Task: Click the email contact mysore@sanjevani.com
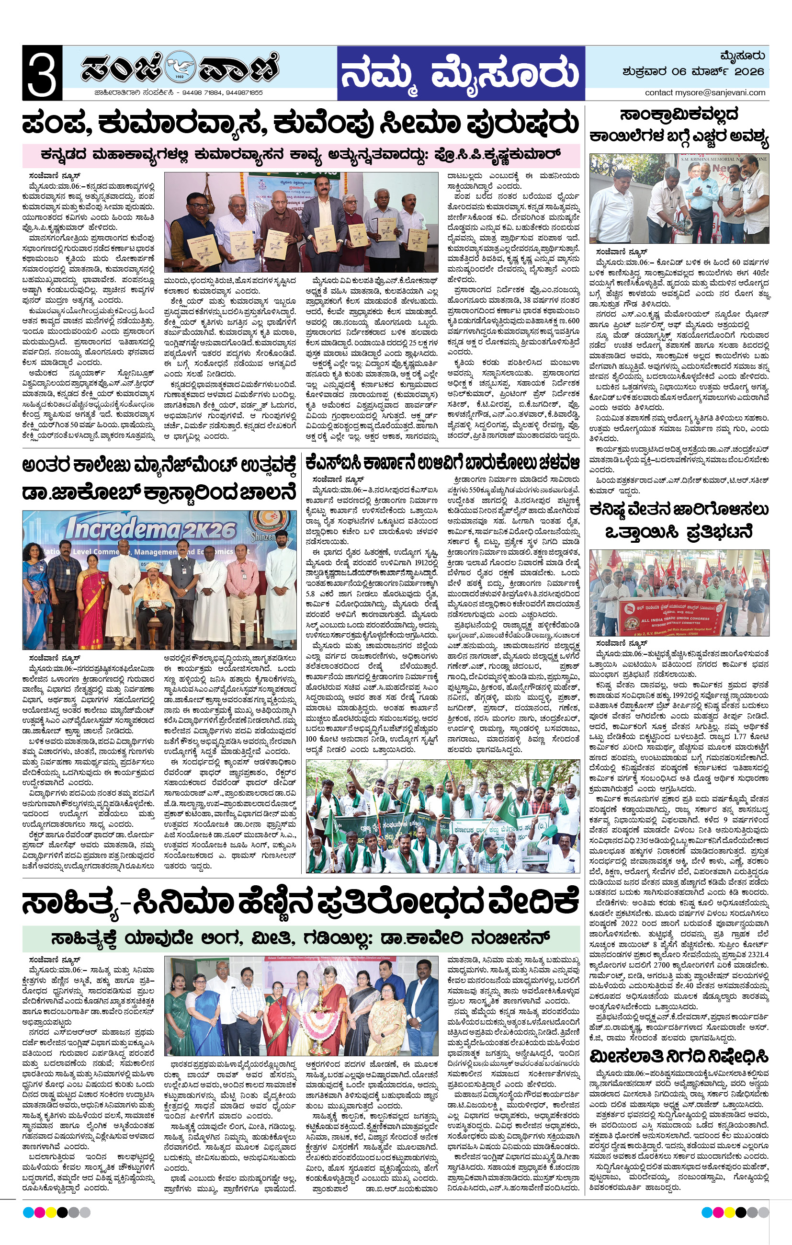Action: pyautogui.click(x=705, y=92)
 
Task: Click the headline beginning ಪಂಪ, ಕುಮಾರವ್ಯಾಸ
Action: pyautogui.click(x=300, y=124)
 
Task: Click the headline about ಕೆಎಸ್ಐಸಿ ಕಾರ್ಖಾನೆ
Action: pyautogui.click(x=442, y=462)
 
